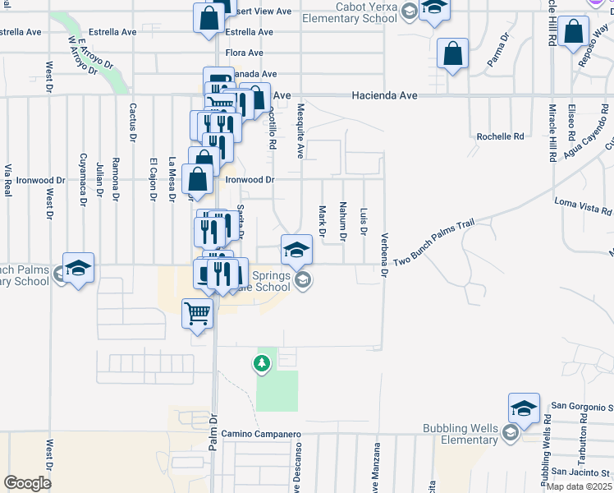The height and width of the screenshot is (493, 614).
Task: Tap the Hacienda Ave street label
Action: coord(384,96)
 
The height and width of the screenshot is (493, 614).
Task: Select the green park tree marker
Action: coord(262,363)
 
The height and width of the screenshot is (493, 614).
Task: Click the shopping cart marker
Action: coord(197,313)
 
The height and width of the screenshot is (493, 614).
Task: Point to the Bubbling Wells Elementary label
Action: coord(460,434)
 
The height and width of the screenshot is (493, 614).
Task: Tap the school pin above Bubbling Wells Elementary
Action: coord(524,408)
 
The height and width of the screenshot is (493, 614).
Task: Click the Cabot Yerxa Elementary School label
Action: coord(349,12)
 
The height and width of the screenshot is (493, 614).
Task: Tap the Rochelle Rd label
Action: coord(501,136)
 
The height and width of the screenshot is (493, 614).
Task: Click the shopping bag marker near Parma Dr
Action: coord(452,54)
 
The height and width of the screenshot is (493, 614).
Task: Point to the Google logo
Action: coord(27,482)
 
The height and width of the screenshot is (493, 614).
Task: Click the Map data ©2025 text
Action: coord(579,486)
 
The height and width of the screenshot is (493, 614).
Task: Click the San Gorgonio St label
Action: coord(581,406)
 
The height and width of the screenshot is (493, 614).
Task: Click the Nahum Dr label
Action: coord(342,222)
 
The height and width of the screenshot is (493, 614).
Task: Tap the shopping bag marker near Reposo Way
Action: coord(573,33)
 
